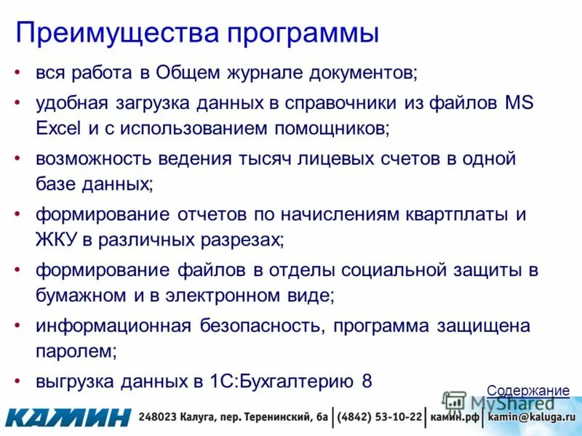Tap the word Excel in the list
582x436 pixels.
pos(60,129)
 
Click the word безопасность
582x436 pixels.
pos(261,326)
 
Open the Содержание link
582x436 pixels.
pos(528,391)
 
